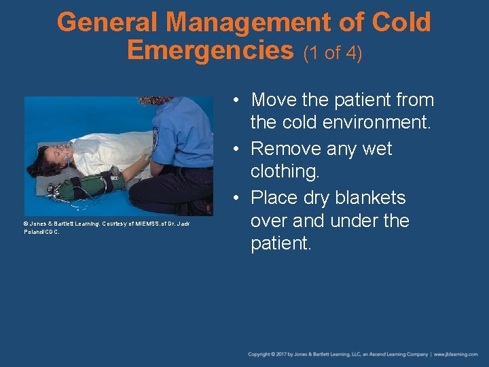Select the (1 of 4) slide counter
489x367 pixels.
(x=333, y=53)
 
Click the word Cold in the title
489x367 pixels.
(x=401, y=23)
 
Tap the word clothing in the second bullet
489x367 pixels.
(x=285, y=171)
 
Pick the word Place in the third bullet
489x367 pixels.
(x=276, y=198)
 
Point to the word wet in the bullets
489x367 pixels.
(x=377, y=148)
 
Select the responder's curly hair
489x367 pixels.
(x=158, y=100)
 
